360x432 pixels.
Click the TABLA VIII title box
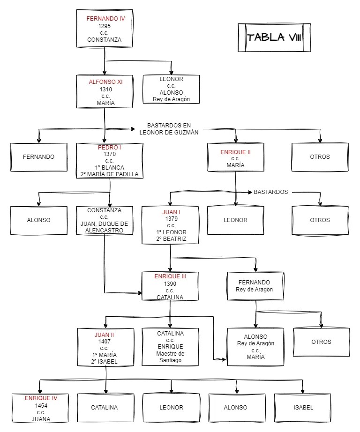(x=274, y=37)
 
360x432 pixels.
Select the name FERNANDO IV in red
(x=105, y=19)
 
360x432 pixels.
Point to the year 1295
(x=105, y=26)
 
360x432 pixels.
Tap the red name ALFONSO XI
(x=105, y=82)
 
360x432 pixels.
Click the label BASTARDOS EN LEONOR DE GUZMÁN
(x=169, y=129)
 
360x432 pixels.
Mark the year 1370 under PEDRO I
(x=109, y=154)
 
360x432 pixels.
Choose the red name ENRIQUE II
(x=235, y=152)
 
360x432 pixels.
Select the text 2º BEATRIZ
(x=170, y=239)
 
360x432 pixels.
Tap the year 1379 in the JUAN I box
(x=170, y=219)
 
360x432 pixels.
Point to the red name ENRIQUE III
(x=170, y=276)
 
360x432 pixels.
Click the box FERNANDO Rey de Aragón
(x=255, y=286)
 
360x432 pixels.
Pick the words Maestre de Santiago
(x=170, y=357)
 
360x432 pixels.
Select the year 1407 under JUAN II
(x=105, y=342)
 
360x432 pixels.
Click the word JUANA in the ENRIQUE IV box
(x=41, y=419)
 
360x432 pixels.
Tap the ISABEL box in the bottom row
(x=303, y=407)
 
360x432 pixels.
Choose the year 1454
(x=41, y=405)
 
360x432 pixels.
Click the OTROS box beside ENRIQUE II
(x=320, y=157)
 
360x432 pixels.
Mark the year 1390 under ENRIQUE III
(x=170, y=283)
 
